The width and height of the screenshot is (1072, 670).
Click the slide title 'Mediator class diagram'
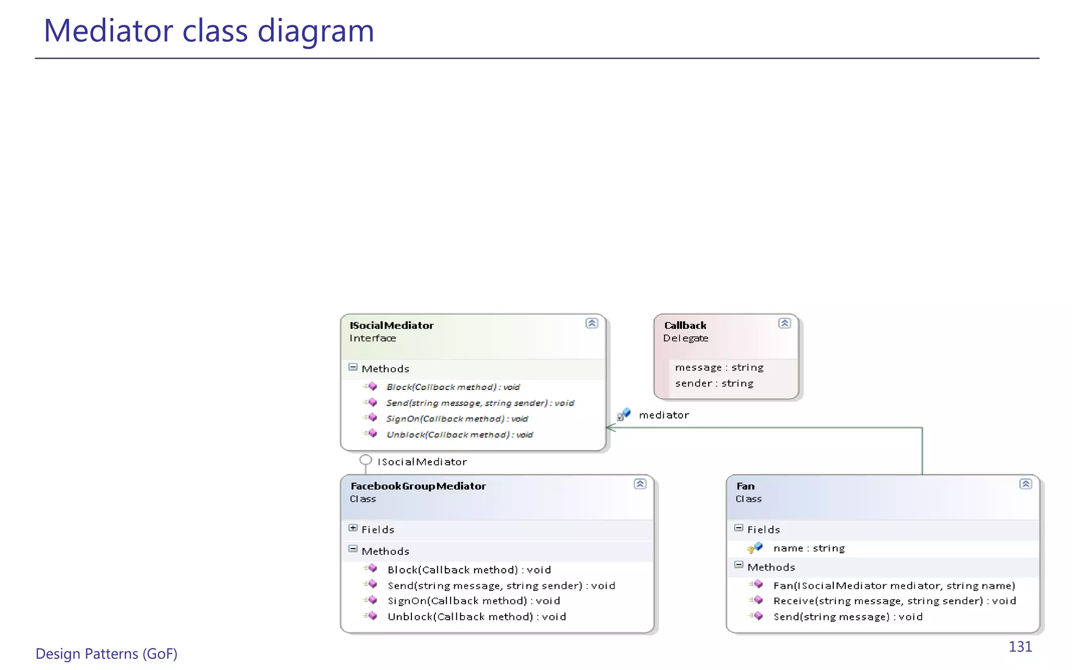209,30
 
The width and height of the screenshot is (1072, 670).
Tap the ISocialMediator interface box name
392,325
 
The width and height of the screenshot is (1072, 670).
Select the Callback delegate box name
685,325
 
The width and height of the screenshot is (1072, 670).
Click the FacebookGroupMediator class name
418,486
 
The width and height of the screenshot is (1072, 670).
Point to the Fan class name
745,486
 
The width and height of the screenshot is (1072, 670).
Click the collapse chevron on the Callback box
784,323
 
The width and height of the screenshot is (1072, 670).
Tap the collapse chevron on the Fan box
1025,484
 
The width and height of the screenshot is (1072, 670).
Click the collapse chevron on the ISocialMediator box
591,323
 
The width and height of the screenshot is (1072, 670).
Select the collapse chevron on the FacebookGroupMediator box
640,484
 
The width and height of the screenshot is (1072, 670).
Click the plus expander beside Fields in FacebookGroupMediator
353,528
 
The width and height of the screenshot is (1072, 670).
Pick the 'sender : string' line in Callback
714,383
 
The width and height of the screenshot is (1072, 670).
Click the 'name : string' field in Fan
809,548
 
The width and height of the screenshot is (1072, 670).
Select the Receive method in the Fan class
895,601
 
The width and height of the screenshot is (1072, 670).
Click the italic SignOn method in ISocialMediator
457,419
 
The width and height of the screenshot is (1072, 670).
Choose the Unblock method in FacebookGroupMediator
476,617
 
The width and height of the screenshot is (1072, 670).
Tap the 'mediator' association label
664,415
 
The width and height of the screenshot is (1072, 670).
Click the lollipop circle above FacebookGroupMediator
366,460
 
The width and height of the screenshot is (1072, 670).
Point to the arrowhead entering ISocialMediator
609,428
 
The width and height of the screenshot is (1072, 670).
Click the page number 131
1020,647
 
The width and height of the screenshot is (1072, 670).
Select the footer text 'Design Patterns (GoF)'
106,654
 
